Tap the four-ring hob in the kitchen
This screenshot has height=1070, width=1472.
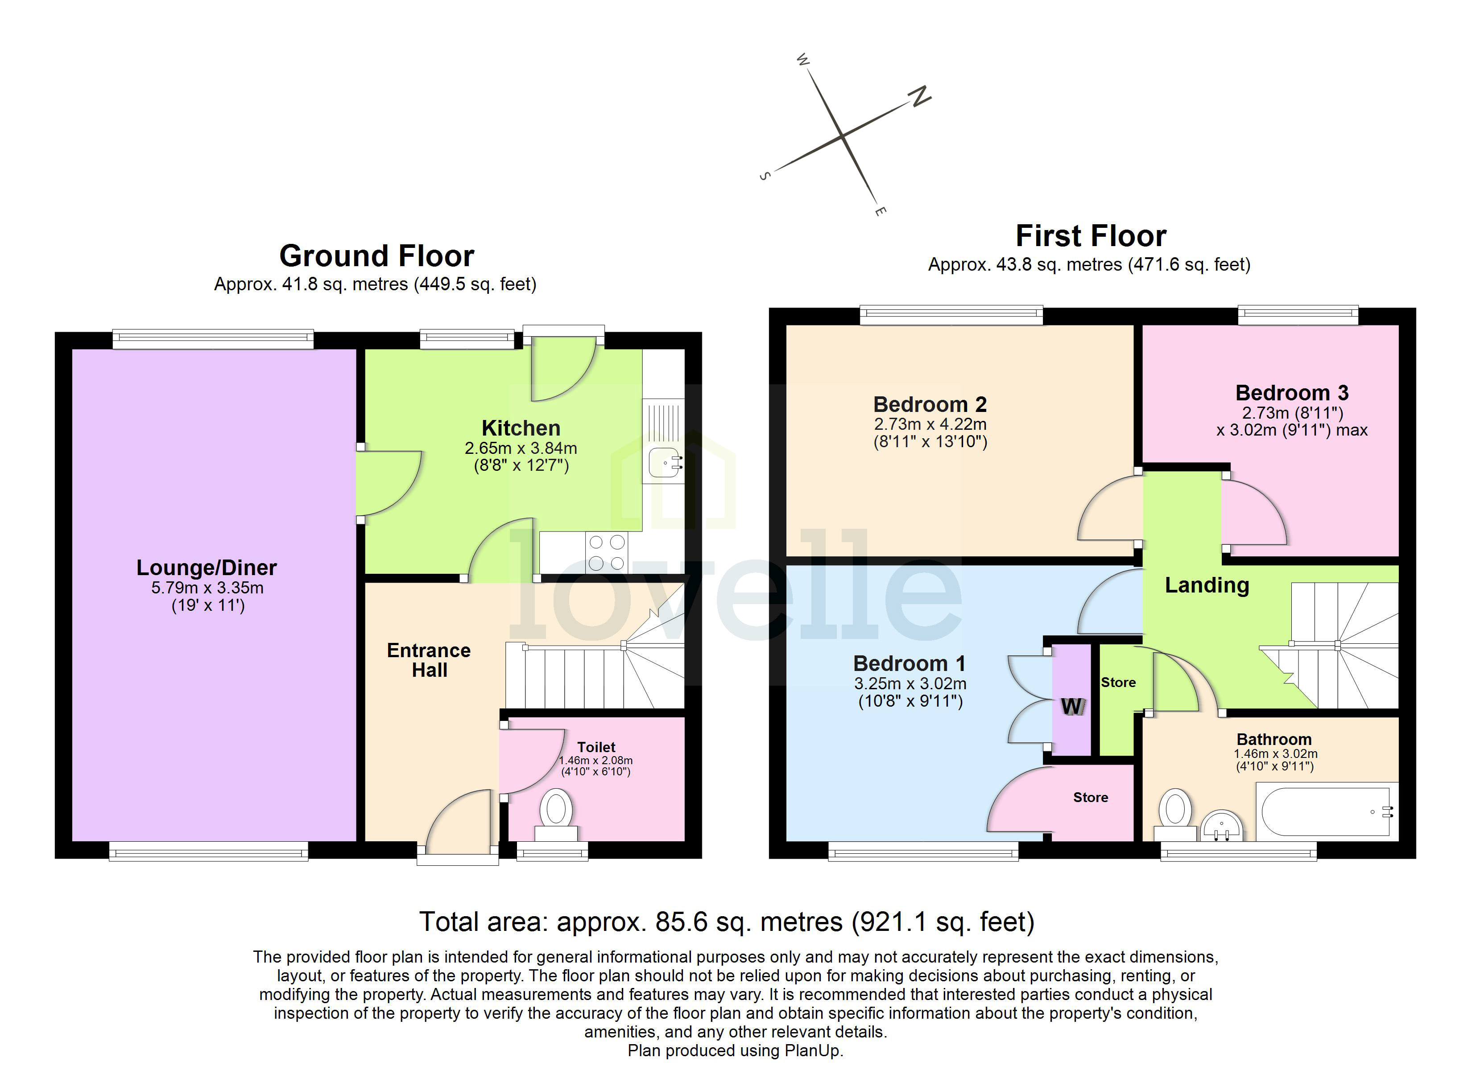point(606,552)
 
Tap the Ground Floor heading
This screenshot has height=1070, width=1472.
point(376,255)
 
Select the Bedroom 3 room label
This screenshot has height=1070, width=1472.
point(1292,393)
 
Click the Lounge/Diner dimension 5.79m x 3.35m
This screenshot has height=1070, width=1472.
point(207,588)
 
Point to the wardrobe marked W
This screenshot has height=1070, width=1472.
point(1071,705)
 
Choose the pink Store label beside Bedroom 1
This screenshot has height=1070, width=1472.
point(1090,798)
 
